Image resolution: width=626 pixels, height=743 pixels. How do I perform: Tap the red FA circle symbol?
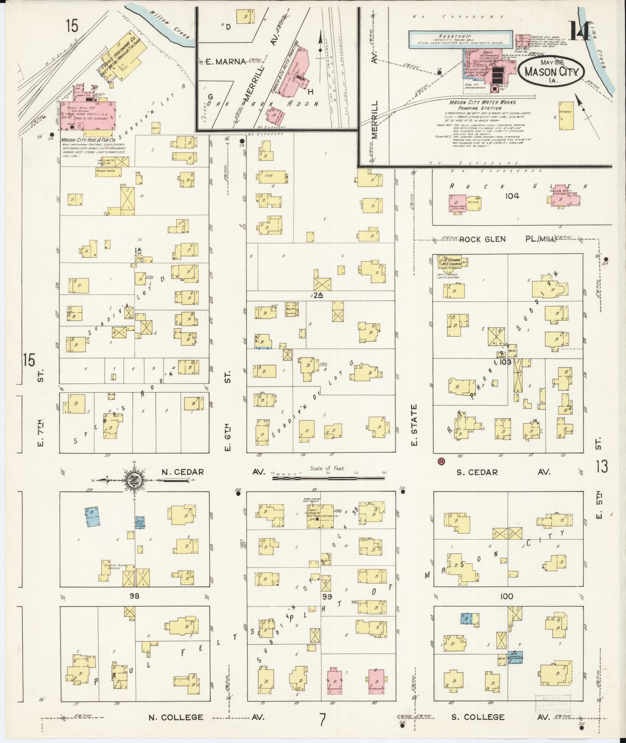(x=441, y=461)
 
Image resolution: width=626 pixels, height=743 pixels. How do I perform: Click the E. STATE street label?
(x=414, y=425)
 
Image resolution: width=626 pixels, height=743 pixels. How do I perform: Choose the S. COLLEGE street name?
(x=478, y=717)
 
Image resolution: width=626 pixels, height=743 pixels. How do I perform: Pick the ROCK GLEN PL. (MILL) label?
(x=508, y=239)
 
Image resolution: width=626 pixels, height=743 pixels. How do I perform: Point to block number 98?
(x=134, y=596)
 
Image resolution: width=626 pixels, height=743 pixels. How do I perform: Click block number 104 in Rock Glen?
(x=512, y=196)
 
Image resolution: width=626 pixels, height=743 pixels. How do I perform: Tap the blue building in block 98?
(x=92, y=517)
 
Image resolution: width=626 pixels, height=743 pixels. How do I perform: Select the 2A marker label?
(x=318, y=295)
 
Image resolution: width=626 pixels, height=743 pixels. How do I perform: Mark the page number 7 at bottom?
(x=322, y=720)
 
